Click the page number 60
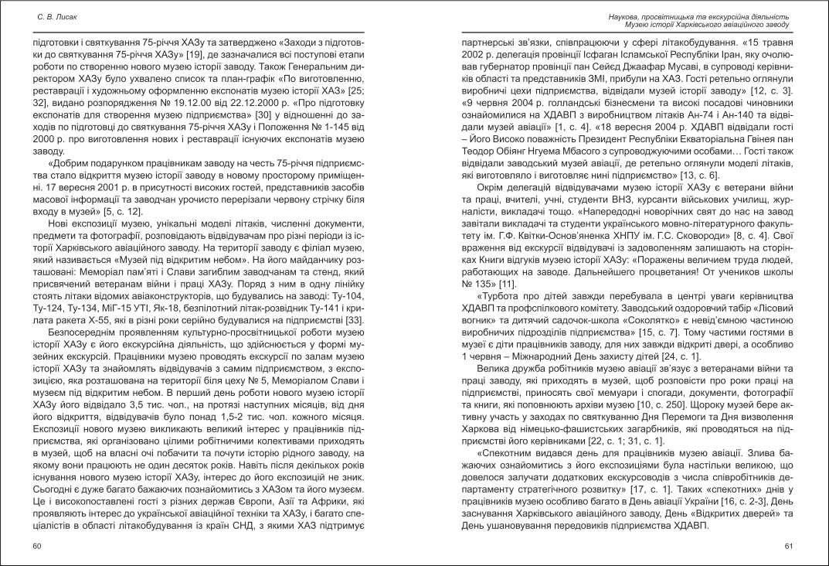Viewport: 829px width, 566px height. pyautogui.click(x=37, y=546)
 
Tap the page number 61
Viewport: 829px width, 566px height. pyautogui.click(x=789, y=546)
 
